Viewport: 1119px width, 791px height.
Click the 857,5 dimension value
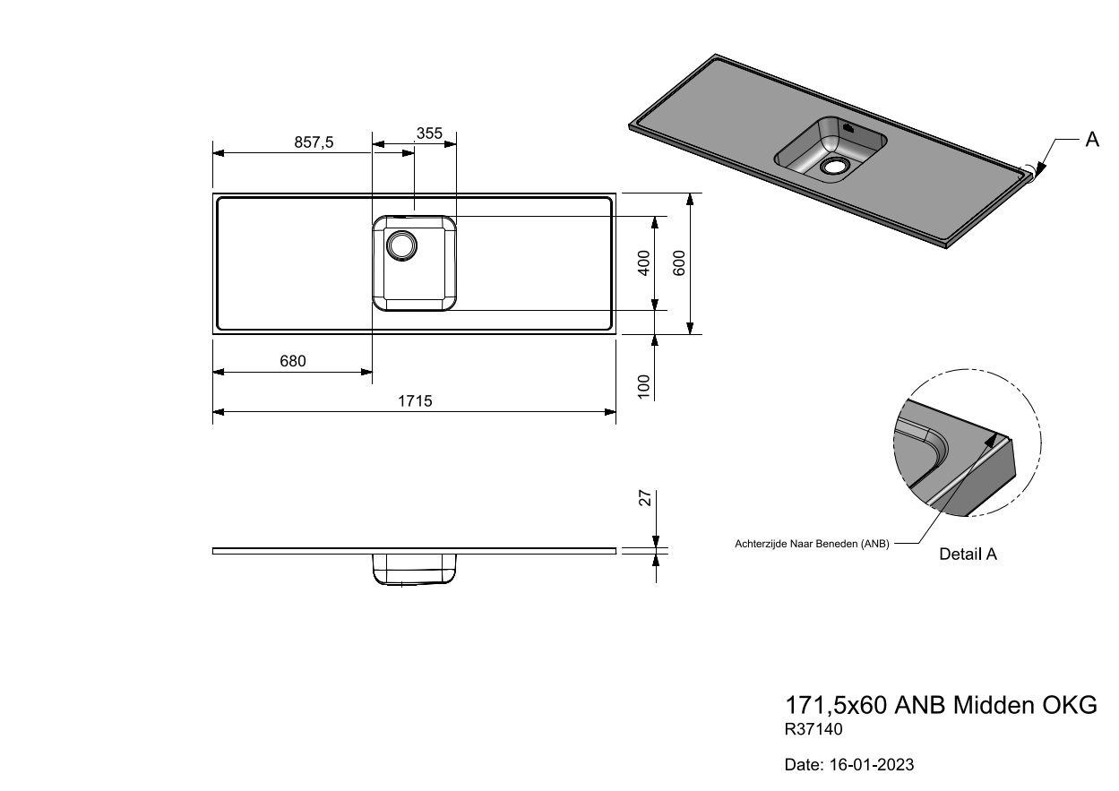[314, 142]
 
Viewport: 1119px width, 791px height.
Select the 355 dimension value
[430, 133]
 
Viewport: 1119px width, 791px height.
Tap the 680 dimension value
[293, 361]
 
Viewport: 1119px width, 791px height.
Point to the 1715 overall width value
[415, 401]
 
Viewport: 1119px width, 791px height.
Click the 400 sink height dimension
[644, 262]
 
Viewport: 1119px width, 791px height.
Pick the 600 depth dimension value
[679, 262]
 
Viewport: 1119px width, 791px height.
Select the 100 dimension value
[644, 386]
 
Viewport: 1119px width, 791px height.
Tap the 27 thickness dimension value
[645, 498]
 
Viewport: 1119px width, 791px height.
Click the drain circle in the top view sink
[401, 245]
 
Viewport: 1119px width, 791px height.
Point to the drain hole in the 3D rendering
[833, 166]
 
